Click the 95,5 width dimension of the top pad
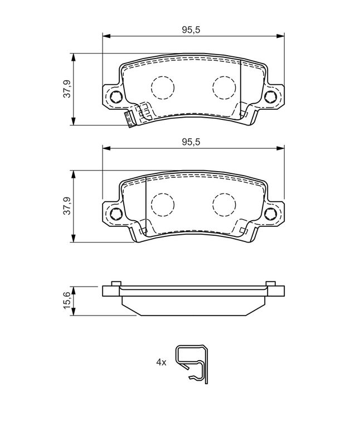[191, 31]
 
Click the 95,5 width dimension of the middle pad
[191, 142]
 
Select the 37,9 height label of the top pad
[67, 89]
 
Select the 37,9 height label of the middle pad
[67, 206]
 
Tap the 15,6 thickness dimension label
[67, 300]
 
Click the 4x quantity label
[161, 362]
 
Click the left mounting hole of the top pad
[115, 98]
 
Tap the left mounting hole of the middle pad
[115, 214]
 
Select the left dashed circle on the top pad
[162, 86]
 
